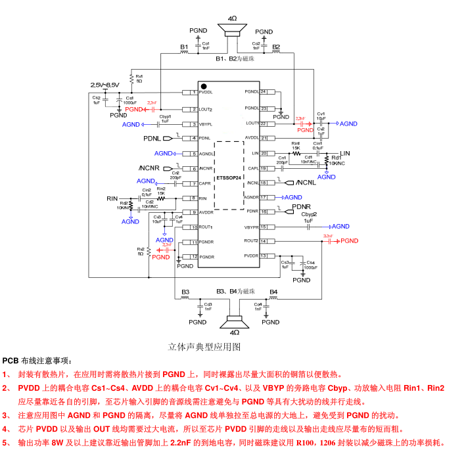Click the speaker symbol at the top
(x=233, y=30)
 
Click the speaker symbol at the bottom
(x=233, y=321)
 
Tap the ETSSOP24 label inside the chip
(x=229, y=176)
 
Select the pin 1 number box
(x=194, y=92)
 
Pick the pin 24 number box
(x=264, y=92)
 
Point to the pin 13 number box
(x=264, y=256)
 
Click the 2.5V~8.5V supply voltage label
(x=104, y=85)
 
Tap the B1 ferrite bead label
(x=184, y=47)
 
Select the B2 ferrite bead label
(x=276, y=47)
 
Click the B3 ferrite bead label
(x=185, y=291)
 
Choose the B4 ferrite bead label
(x=273, y=291)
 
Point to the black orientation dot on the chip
(x=204, y=86)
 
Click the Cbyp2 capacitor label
(x=310, y=214)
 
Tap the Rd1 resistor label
(x=336, y=158)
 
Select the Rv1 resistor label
(x=139, y=76)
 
